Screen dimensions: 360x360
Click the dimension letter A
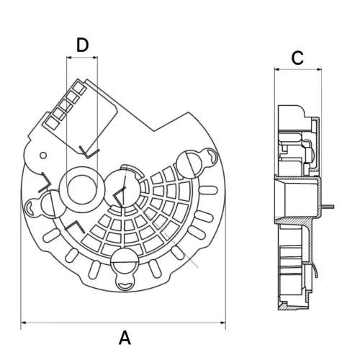pyautogui.click(x=125, y=338)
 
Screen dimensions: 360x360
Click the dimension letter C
pyautogui.click(x=297, y=58)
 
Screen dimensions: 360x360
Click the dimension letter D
pyautogui.click(x=83, y=45)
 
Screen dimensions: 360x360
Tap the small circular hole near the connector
pyautogui.click(x=43, y=156)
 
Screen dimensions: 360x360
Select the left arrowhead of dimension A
pyautogui.click(x=23, y=323)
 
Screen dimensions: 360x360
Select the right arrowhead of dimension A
pyautogui.click(x=222, y=323)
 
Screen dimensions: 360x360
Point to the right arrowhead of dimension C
pyautogui.click(x=319, y=70)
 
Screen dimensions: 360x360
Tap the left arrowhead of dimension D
pyautogui.click(x=69, y=58)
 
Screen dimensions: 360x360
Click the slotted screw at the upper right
pyautogui.click(x=190, y=164)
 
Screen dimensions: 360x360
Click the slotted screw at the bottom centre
pyautogui.click(x=124, y=261)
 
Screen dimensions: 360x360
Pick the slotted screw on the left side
pyautogui.click(x=53, y=204)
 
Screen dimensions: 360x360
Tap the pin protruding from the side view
pyautogui.click(x=328, y=207)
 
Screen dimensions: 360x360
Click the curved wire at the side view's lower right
pyautogui.click(x=315, y=270)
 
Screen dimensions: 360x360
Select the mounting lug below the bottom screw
pyautogui.click(x=125, y=284)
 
